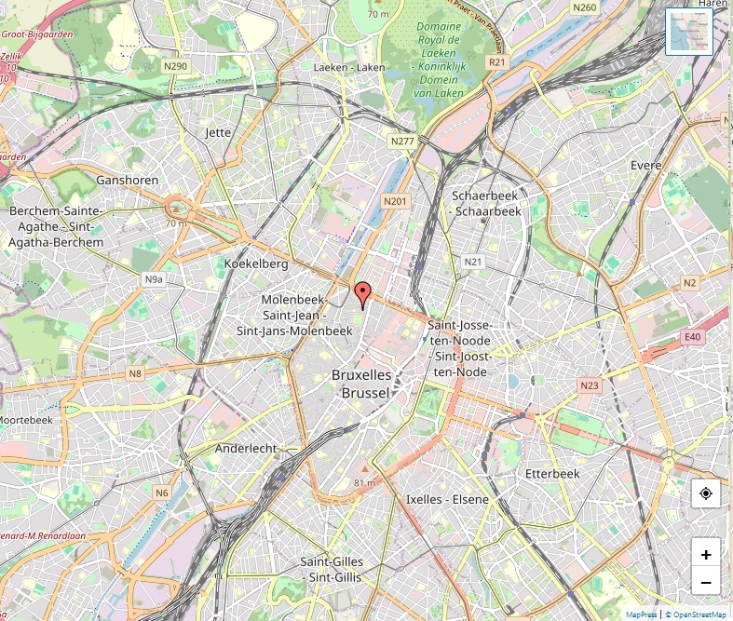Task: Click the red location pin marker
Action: click(x=362, y=293)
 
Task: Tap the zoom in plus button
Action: click(x=706, y=554)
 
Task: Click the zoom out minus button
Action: click(x=706, y=583)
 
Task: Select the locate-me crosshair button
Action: click(x=706, y=493)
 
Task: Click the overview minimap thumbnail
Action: click(x=689, y=32)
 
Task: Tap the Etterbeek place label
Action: click(x=552, y=474)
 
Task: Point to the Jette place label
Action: click(x=218, y=132)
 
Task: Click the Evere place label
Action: click(x=645, y=166)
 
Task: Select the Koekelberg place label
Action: click(x=256, y=264)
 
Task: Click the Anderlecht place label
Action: click(x=246, y=448)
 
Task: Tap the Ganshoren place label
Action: click(x=127, y=180)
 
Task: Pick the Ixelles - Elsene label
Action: click(x=447, y=500)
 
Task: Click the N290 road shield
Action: click(x=176, y=66)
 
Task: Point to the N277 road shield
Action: click(x=402, y=142)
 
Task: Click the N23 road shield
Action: click(x=589, y=385)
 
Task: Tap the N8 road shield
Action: click(x=136, y=373)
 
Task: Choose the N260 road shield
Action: click(x=585, y=7)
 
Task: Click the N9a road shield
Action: click(x=154, y=278)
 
